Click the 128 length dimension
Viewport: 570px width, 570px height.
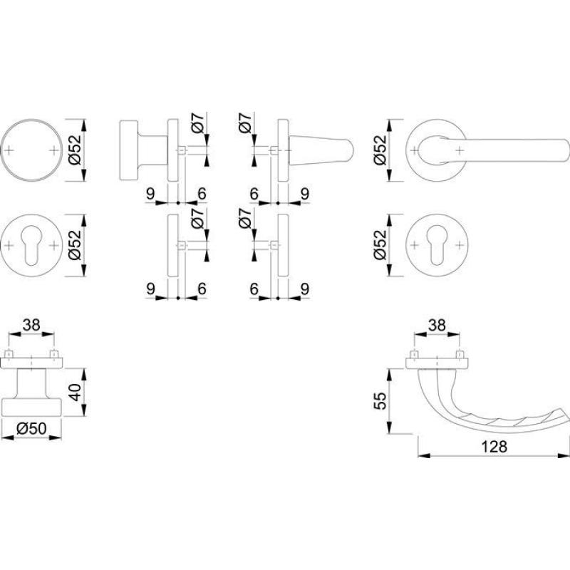(494, 447)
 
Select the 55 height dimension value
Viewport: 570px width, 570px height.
(380, 400)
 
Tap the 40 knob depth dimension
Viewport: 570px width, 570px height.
(76, 392)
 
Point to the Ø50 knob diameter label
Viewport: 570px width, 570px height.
(31, 429)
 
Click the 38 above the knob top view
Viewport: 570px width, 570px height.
(31, 325)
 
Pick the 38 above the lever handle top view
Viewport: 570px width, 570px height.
(437, 325)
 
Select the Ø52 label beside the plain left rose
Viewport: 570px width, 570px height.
(76, 150)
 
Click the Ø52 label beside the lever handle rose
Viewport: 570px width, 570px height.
(380, 150)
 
